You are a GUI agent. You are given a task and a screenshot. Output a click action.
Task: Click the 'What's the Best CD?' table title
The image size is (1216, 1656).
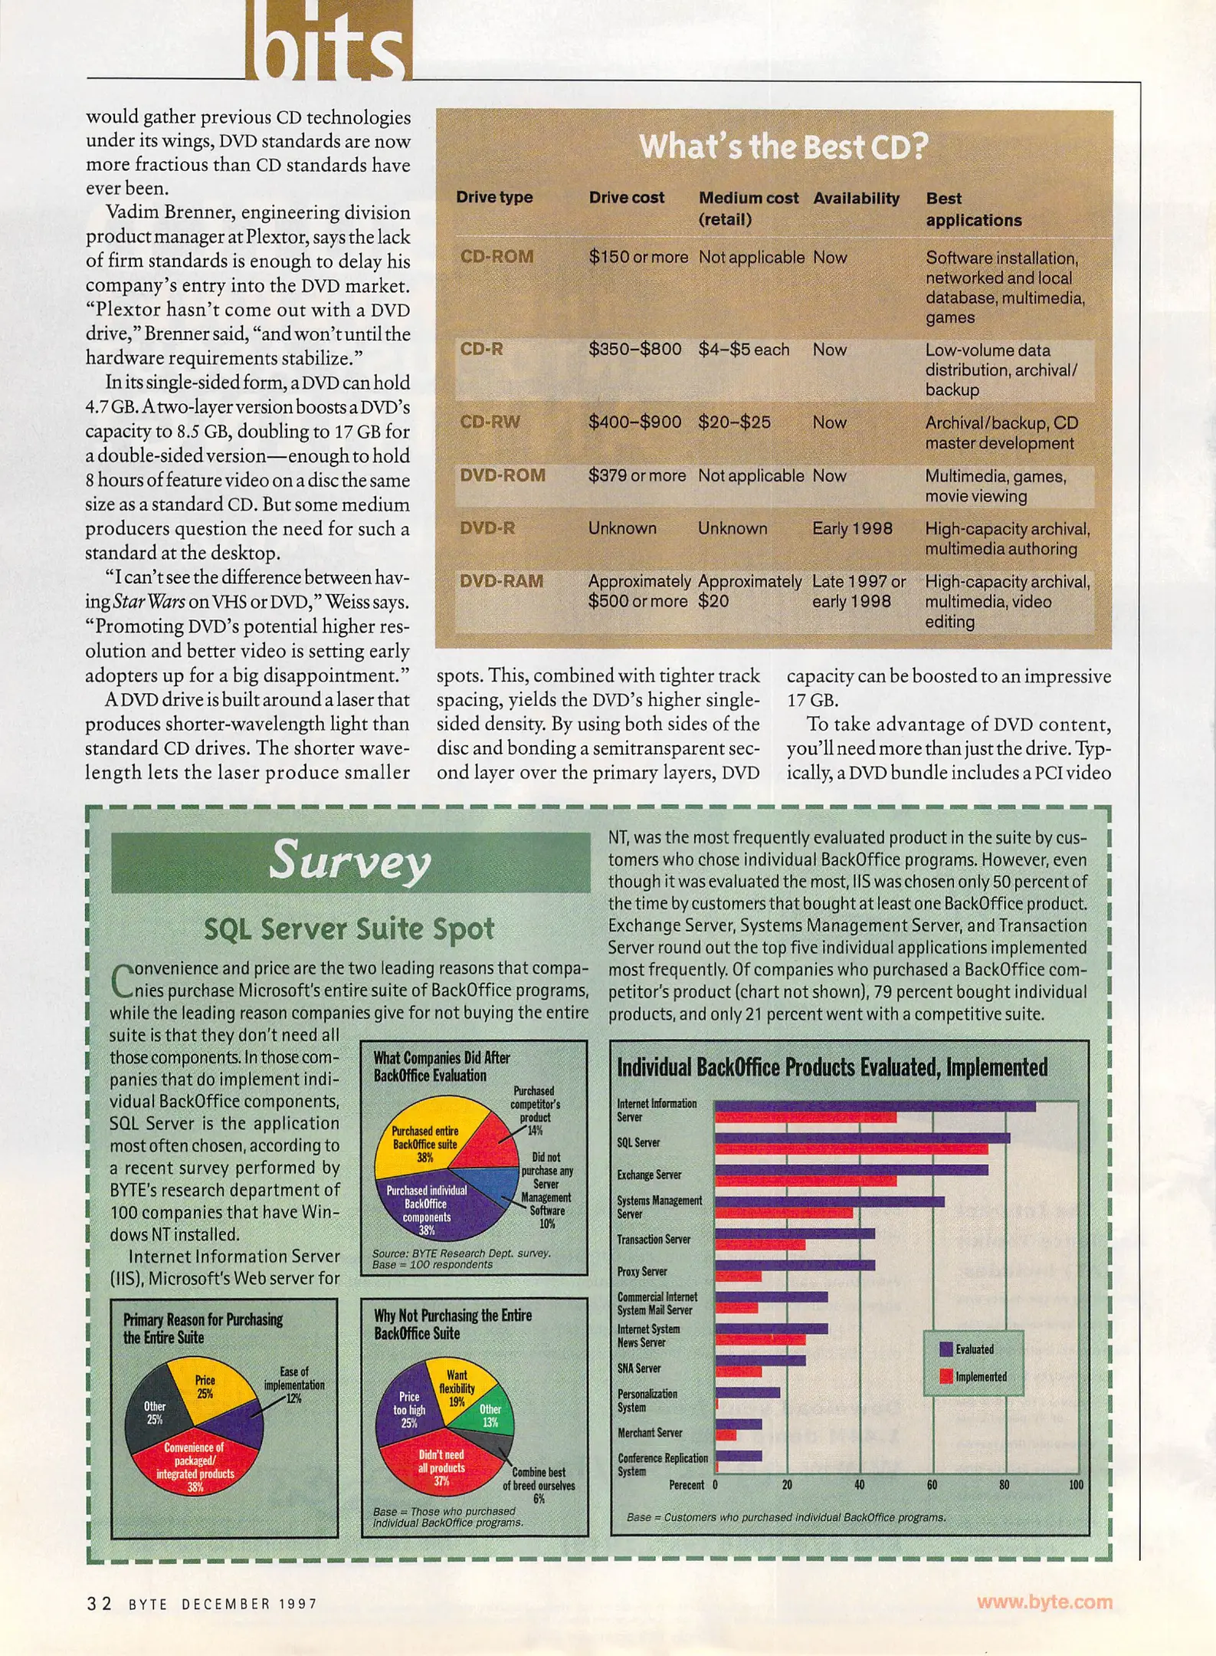pyautogui.click(x=783, y=146)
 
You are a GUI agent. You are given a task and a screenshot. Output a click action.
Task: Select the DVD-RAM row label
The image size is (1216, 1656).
pyautogui.click(x=501, y=581)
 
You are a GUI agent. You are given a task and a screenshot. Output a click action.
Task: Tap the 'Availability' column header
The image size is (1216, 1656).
pyautogui.click(x=856, y=198)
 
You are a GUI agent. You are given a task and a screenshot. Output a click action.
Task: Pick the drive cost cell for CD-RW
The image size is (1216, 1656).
pyautogui.click(x=634, y=422)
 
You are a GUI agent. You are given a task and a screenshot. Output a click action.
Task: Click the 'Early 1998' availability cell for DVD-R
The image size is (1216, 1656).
pyautogui.click(x=852, y=528)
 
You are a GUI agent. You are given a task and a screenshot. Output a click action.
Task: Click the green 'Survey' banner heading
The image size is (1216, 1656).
pyautogui.click(x=350, y=861)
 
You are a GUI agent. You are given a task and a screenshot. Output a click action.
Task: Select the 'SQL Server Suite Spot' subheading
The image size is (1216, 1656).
pyautogui.click(x=349, y=928)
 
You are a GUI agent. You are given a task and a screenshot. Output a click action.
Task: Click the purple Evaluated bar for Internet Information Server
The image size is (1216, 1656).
pyautogui.click(x=874, y=1106)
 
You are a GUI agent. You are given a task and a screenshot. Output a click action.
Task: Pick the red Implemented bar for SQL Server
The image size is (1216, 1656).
pyautogui.click(x=851, y=1149)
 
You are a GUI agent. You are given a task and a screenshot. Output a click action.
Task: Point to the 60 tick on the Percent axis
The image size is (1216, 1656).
pyautogui.click(x=932, y=1485)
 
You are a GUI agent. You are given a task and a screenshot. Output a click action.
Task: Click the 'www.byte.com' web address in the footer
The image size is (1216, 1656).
pyautogui.click(x=1044, y=1602)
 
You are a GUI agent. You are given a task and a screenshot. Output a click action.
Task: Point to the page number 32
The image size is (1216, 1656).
pyautogui.click(x=99, y=1603)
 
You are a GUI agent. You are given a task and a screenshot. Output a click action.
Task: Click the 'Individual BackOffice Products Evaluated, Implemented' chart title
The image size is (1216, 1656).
pyautogui.click(x=831, y=1067)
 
